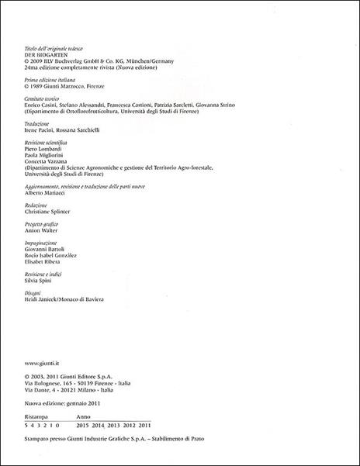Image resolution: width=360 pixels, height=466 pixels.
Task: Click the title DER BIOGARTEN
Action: [44, 55]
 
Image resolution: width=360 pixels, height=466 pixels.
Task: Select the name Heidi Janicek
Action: [42, 301]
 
